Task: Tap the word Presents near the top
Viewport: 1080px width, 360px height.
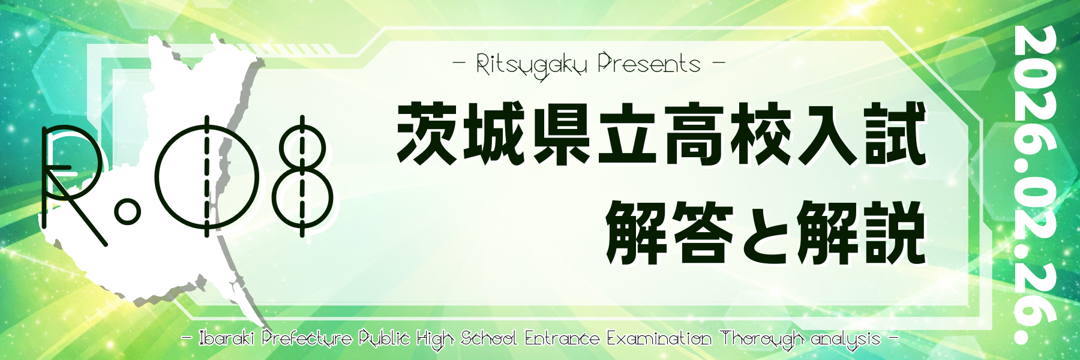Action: pos(649,63)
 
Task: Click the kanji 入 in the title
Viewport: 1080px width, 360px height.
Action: pos(827,133)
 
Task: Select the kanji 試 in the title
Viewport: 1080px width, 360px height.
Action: pos(894,133)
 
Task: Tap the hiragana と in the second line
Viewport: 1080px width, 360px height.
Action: pos(766,232)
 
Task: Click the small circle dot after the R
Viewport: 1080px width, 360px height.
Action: pos(127,212)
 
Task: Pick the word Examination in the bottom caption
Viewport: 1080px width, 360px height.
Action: pos(659,338)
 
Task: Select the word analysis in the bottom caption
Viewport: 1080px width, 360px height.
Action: pos(845,340)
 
